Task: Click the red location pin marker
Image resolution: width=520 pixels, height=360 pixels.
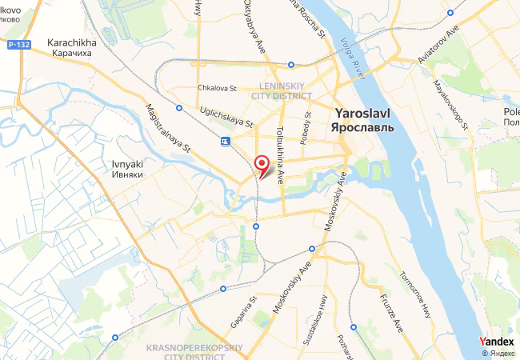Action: tap(261, 163)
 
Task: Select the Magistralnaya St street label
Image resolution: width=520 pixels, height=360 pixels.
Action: tap(168, 128)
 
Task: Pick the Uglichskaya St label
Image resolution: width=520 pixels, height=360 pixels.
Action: tap(226, 119)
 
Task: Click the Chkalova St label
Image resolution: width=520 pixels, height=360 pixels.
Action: tap(215, 89)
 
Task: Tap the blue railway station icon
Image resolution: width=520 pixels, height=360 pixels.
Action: tap(226, 142)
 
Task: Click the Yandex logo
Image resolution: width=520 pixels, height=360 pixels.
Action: tap(497, 341)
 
